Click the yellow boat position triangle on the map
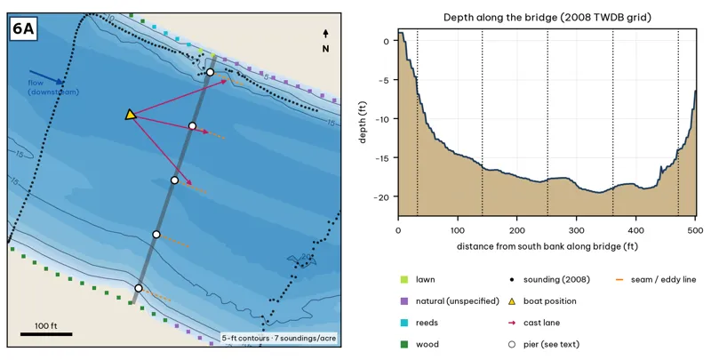(130, 115)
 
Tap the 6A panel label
(23, 28)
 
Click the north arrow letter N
(325, 49)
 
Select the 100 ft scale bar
(46, 334)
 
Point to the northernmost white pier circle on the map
(210, 72)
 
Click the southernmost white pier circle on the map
(139, 288)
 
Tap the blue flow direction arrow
(46, 77)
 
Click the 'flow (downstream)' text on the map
(53, 87)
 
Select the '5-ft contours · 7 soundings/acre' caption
(279, 339)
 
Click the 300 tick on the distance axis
(576, 230)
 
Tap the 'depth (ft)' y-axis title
(363, 123)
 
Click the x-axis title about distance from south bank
(547, 246)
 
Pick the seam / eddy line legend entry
(657, 280)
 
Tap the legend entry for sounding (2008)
(549, 280)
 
